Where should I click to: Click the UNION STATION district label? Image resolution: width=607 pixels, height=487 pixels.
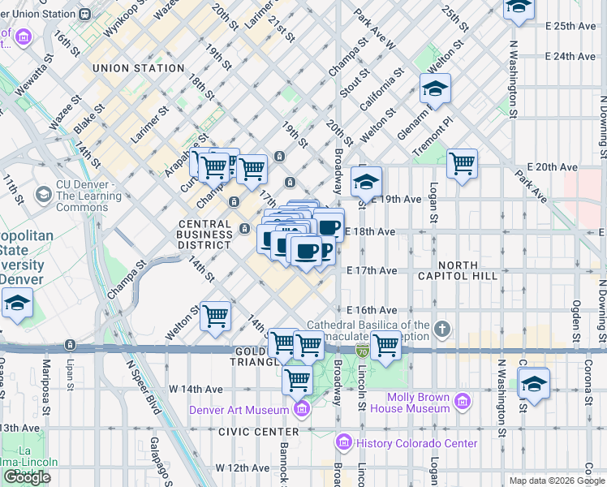(138, 69)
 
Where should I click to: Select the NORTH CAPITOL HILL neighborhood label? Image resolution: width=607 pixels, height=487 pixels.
(478, 270)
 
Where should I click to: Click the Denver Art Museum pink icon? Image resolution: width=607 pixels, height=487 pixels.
(303, 408)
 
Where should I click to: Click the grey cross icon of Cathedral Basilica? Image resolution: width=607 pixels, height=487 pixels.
(441, 330)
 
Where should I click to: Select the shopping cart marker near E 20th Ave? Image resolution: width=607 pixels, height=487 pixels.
(462, 163)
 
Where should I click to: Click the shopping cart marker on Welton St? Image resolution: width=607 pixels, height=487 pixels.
(216, 315)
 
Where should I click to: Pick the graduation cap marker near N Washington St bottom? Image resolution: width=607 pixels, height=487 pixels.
(533, 382)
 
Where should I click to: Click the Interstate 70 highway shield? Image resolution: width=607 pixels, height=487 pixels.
(362, 350)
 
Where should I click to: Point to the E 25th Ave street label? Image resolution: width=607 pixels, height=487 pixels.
(570, 26)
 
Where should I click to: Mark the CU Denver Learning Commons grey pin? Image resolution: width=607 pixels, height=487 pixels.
(43, 195)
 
